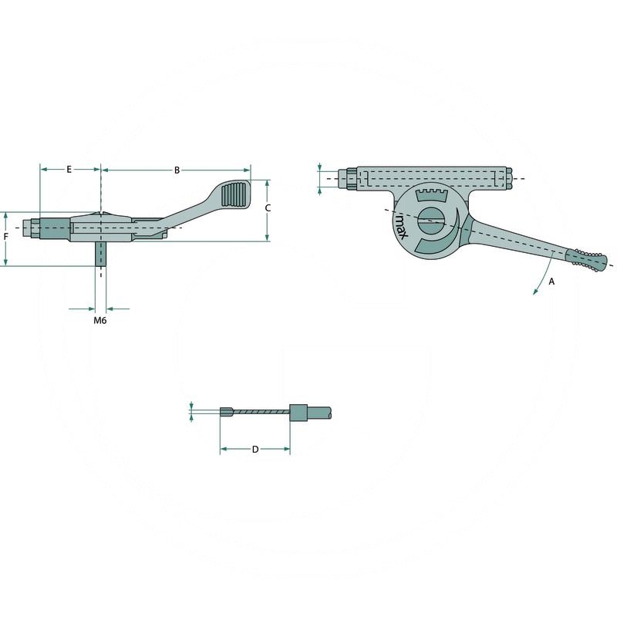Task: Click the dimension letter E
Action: [69, 169]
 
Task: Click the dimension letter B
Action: [177, 169]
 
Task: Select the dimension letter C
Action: [267, 207]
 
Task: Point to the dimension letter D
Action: [255, 449]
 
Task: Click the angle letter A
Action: [551, 282]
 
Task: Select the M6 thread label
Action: [99, 320]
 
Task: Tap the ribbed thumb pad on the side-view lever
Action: [234, 194]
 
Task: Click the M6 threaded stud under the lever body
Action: [100, 254]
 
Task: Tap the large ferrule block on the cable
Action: [298, 412]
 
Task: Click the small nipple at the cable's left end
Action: [226, 412]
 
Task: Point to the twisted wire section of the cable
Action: [261, 413]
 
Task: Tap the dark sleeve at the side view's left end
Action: [54, 229]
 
